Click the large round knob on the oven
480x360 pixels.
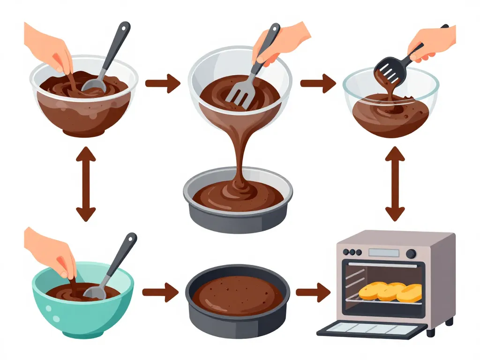coord(411,254)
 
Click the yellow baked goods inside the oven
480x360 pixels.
coord(390,292)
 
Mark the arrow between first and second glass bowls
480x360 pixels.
coord(162,84)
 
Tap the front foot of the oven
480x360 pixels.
coord(431,332)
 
